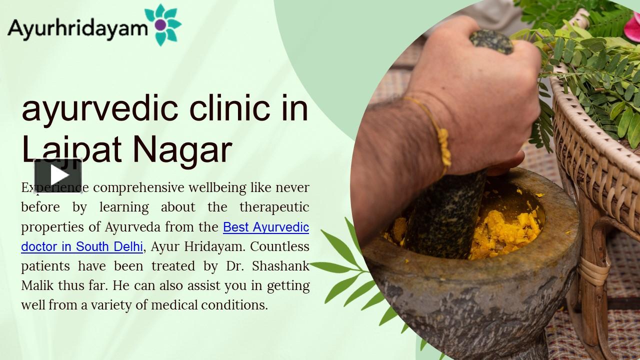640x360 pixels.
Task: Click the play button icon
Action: point(58,175)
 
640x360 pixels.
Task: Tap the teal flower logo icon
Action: point(161,24)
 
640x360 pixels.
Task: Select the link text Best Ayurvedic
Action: point(266,227)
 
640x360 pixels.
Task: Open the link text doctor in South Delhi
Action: point(82,246)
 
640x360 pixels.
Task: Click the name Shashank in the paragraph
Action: point(280,266)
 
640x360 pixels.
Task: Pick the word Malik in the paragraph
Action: point(36,285)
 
